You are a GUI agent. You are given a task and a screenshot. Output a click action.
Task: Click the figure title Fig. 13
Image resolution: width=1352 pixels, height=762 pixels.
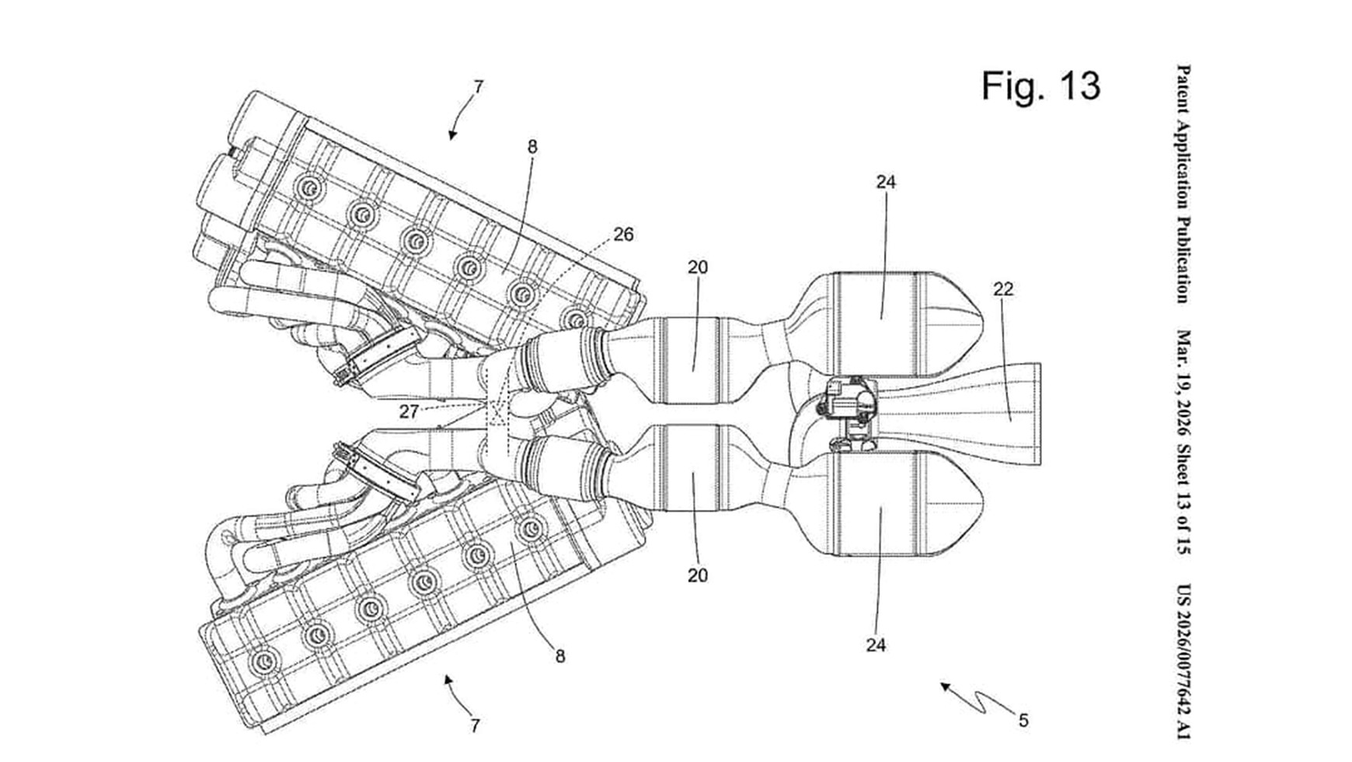[1040, 85]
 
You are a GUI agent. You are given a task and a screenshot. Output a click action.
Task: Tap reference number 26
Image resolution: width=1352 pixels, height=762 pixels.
[623, 234]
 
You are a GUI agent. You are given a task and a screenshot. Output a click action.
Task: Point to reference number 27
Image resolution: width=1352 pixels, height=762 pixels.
[409, 412]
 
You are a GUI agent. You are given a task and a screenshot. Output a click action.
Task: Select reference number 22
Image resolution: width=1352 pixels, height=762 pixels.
[1003, 289]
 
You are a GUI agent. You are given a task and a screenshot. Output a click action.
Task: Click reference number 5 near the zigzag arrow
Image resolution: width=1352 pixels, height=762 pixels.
[1023, 721]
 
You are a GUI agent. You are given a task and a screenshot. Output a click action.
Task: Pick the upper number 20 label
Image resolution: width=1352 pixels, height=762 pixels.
[697, 267]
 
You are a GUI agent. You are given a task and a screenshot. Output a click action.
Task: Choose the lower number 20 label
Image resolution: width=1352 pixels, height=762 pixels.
[697, 575]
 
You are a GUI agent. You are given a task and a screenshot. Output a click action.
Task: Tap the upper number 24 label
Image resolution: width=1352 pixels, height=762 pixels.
[886, 182]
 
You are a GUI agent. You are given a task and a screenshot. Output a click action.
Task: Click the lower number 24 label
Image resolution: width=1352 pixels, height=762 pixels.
[876, 645]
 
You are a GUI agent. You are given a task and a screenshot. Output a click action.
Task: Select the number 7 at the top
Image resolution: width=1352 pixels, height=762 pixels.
[478, 87]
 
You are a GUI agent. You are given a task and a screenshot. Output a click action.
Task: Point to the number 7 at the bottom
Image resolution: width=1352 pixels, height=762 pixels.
[475, 726]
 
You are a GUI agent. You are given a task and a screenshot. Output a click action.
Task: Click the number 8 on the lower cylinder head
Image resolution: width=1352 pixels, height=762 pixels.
[560, 656]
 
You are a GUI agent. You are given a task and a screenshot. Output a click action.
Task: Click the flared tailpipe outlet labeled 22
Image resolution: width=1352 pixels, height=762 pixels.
[1002, 414]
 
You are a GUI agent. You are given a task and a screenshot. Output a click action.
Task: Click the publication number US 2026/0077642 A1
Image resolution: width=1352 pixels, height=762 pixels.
[1183, 662]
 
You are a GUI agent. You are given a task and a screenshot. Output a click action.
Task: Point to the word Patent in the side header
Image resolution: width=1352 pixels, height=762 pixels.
[1183, 89]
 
